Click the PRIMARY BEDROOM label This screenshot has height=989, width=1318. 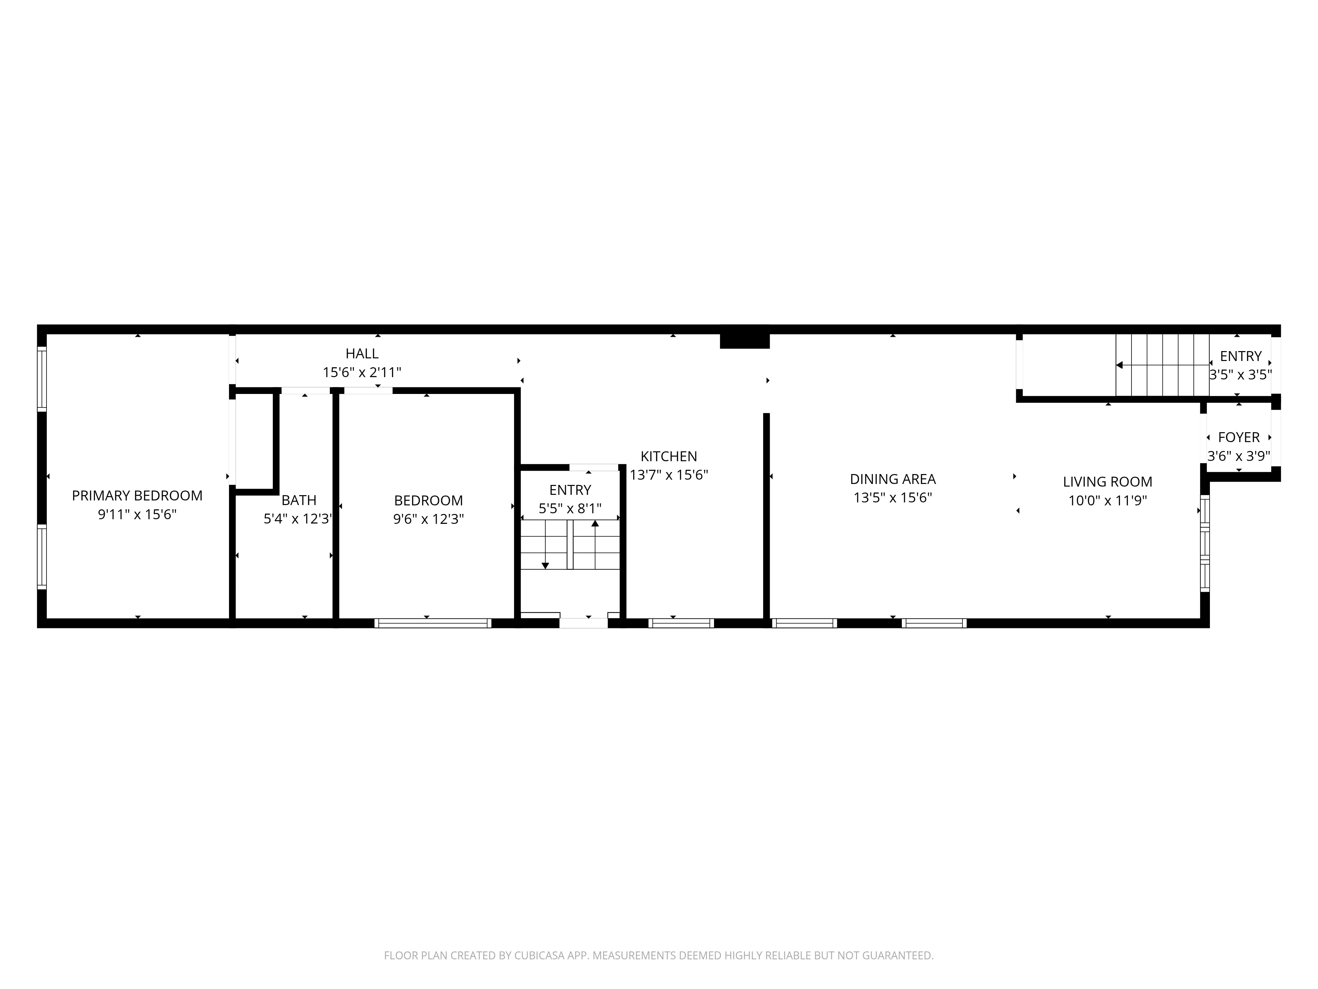click(137, 495)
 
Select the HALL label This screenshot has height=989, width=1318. click(362, 353)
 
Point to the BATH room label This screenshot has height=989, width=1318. click(299, 500)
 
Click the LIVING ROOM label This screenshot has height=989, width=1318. click(1107, 482)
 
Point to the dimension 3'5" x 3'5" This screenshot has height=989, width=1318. click(1240, 375)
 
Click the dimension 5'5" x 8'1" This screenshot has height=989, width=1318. click(570, 508)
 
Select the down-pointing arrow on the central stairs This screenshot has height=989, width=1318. click(545, 565)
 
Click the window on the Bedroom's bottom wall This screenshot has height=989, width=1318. click(433, 623)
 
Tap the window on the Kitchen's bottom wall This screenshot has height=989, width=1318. click(680, 623)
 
